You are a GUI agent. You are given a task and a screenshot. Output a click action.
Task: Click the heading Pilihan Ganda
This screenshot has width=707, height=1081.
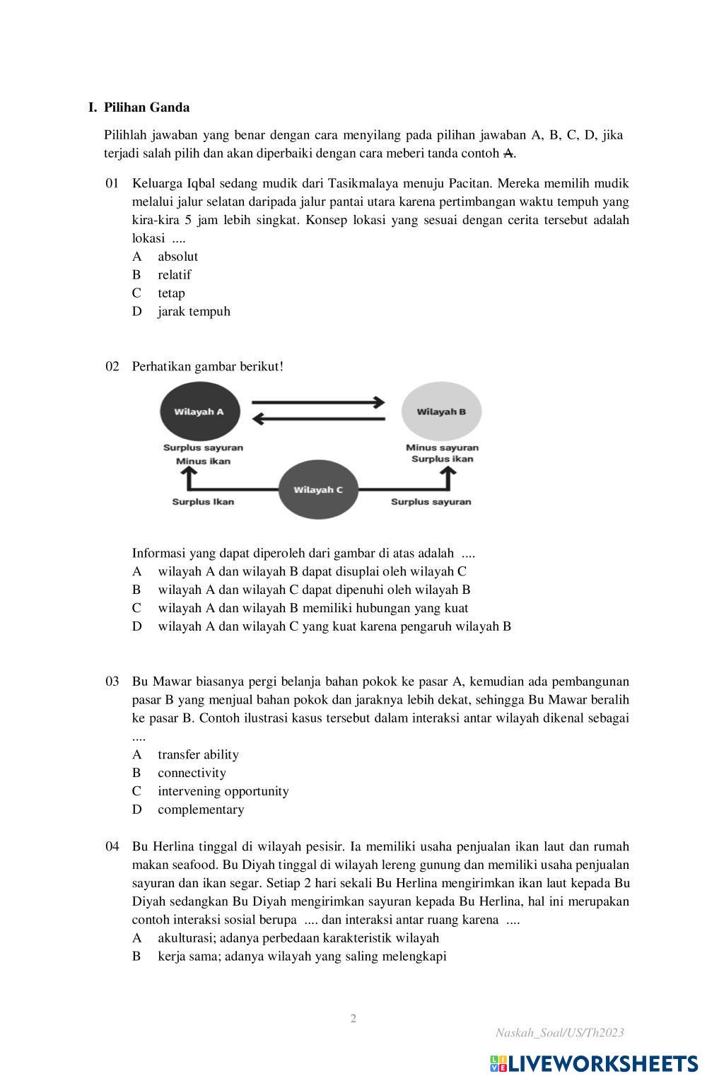(x=146, y=107)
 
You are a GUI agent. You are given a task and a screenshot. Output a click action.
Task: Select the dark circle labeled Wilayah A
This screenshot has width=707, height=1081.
(x=199, y=411)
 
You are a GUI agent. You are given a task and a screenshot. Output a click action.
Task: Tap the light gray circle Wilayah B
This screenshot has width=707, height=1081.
(x=441, y=411)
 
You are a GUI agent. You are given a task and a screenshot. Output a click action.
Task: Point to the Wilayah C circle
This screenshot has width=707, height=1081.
(x=318, y=489)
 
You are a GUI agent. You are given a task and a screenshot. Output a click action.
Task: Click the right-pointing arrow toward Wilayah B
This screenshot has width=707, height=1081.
(x=318, y=402)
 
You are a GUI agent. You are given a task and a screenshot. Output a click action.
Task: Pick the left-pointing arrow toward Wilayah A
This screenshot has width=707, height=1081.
(x=318, y=419)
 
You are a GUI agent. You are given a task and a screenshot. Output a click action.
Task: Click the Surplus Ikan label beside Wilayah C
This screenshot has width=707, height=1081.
(x=203, y=502)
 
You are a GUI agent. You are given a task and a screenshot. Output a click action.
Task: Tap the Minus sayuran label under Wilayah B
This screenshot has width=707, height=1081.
(x=442, y=448)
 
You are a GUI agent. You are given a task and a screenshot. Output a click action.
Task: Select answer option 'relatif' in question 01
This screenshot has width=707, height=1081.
(x=174, y=274)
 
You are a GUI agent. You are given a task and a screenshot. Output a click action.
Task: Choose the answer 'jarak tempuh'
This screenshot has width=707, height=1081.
(x=194, y=311)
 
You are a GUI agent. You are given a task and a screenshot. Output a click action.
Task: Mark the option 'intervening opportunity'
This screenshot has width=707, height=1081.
(x=223, y=791)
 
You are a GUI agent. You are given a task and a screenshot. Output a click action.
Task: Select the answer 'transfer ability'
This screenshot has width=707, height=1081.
(x=198, y=754)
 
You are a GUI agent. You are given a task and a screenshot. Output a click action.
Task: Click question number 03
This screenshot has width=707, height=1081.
(x=112, y=682)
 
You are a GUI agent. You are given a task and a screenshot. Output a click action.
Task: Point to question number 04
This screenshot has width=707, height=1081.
(x=112, y=846)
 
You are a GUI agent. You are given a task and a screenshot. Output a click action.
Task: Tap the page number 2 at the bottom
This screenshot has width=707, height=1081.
(x=353, y=1018)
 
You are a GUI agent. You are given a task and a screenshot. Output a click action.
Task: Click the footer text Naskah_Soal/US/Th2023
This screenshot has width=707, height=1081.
(x=559, y=1033)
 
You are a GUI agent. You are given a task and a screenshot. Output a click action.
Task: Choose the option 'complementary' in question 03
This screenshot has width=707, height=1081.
(x=201, y=810)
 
